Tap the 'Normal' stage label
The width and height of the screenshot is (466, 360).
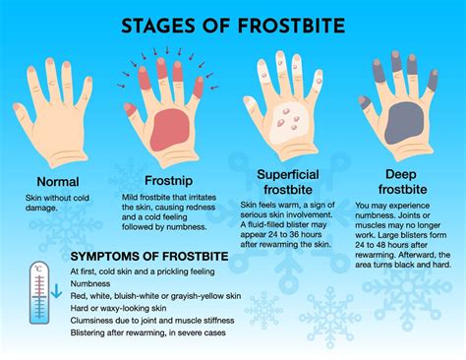tap(57, 182)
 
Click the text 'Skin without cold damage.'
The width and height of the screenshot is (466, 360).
tap(57, 204)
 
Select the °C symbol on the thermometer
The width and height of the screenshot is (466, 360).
tap(38, 267)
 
